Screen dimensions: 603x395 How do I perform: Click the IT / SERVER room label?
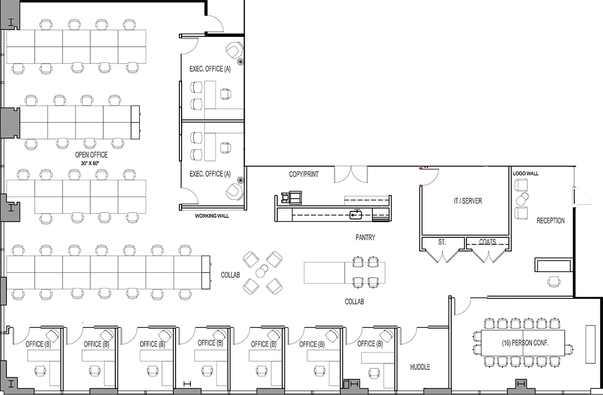[468, 200]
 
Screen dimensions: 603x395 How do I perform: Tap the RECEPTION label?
[551, 221]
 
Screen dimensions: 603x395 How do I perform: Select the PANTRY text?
[365, 237]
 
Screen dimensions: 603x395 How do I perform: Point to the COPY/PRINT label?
[304, 174]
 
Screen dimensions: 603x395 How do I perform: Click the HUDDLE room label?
[420, 367]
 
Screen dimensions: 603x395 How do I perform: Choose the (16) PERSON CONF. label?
[525, 343]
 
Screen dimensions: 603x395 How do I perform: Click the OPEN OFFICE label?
[91, 155]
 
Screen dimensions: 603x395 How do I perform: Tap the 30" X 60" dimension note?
[90, 164]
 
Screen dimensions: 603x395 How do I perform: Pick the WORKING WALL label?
[212, 216]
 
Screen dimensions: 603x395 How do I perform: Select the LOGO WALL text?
[526, 173]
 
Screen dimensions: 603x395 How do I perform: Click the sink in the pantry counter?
[356, 215]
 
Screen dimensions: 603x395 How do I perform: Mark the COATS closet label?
[488, 242]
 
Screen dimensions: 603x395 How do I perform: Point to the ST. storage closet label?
[442, 242]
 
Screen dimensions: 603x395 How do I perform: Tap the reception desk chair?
[554, 281]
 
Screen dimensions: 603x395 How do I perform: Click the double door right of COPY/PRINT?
[351, 175]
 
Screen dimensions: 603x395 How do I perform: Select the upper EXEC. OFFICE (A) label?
[210, 69]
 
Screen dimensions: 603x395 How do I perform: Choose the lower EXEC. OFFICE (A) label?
[210, 174]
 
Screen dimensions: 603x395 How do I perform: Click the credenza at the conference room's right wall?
[589, 344]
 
